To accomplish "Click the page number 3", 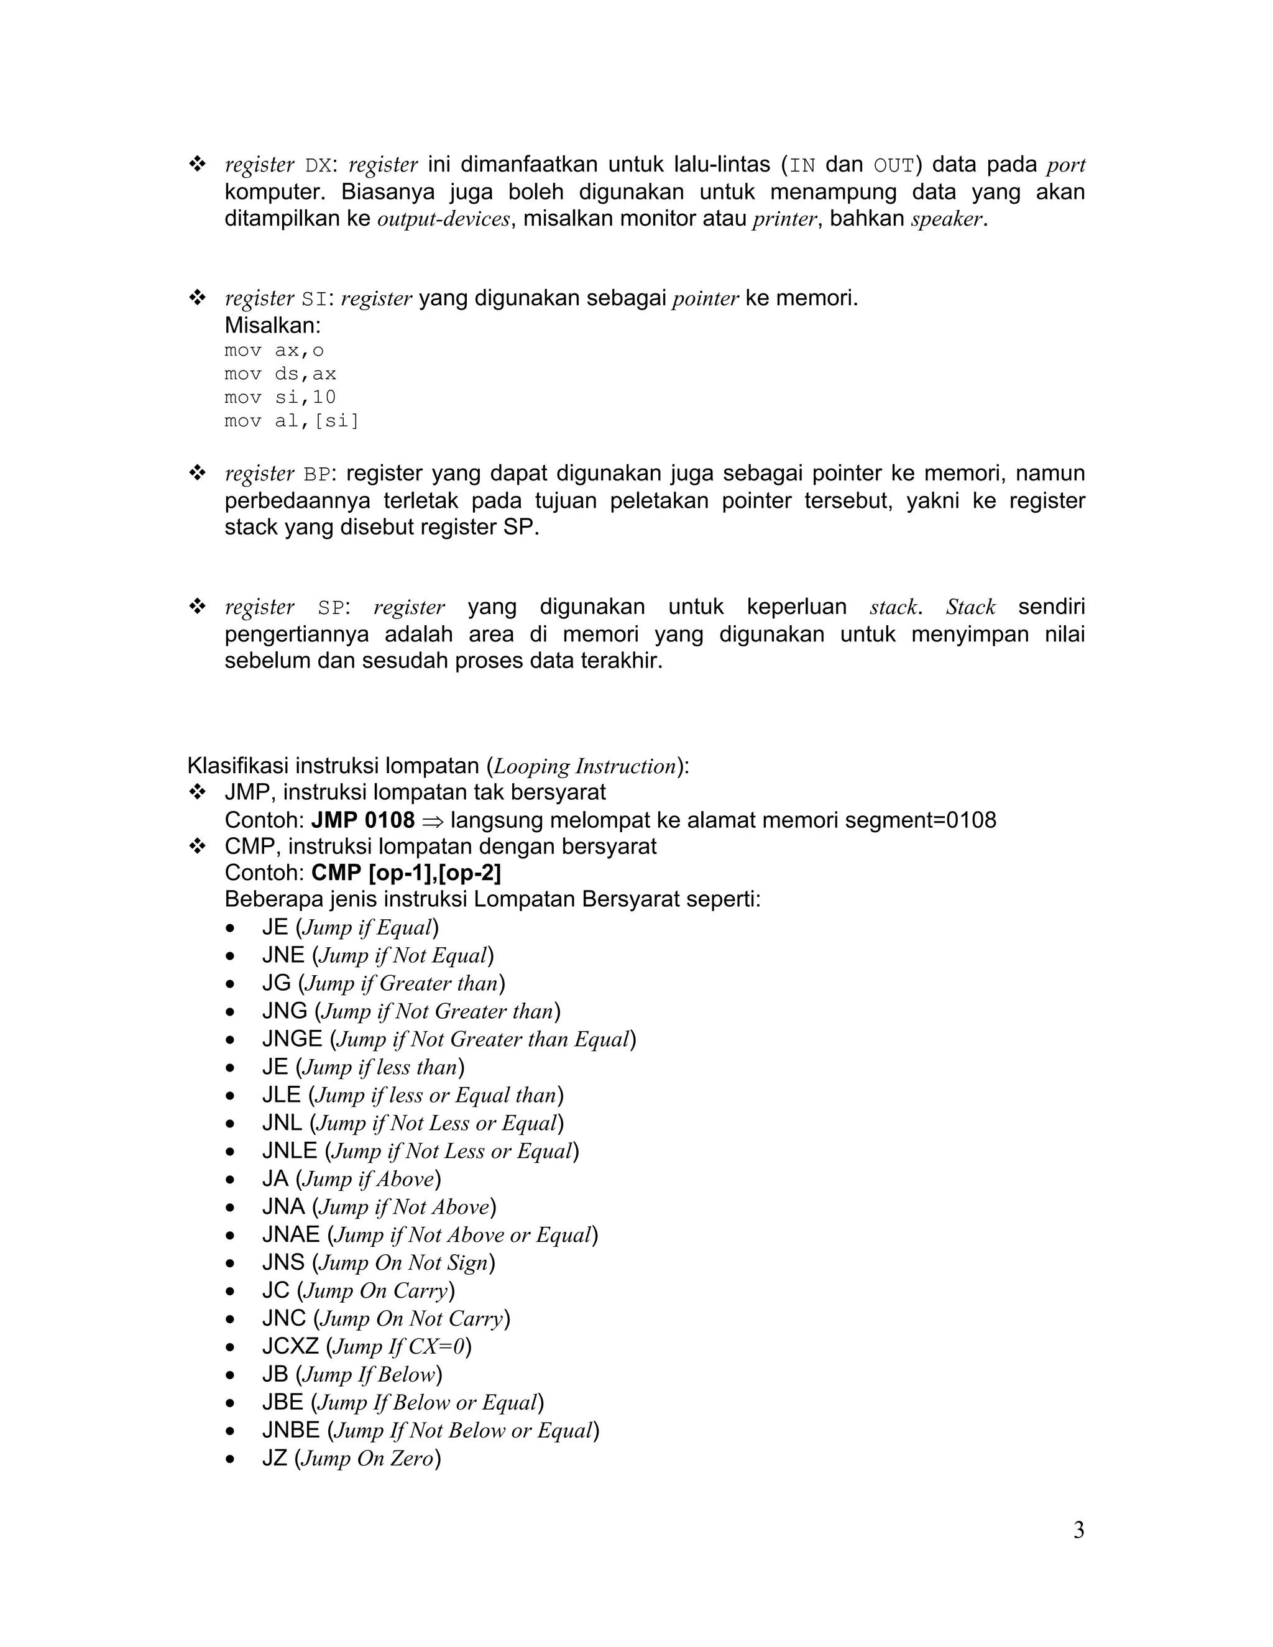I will [1078, 1530].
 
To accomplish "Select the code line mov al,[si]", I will [291, 421].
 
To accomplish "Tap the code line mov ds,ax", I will [280, 374].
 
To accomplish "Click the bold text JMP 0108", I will [363, 820].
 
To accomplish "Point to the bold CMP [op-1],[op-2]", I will [406, 873].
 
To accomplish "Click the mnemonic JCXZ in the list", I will [290, 1346].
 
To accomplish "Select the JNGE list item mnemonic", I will [292, 1039].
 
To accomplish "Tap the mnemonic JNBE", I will [291, 1430].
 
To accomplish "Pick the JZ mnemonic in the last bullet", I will [275, 1457].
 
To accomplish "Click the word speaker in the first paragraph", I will [947, 219].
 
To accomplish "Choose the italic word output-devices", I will [443, 219].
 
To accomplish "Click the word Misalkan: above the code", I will [272, 326].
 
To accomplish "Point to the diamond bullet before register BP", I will [198, 474].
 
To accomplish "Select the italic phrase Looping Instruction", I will [585, 766].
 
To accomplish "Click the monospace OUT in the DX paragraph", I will [894, 165].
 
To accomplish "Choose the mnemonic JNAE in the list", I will [291, 1234].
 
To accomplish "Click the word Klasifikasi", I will [237, 766].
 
